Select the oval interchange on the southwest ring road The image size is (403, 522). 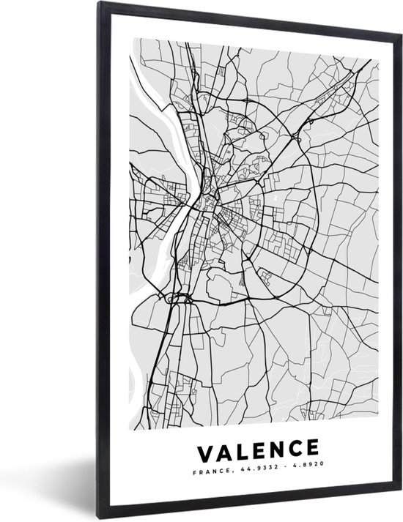(x=179, y=297)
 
